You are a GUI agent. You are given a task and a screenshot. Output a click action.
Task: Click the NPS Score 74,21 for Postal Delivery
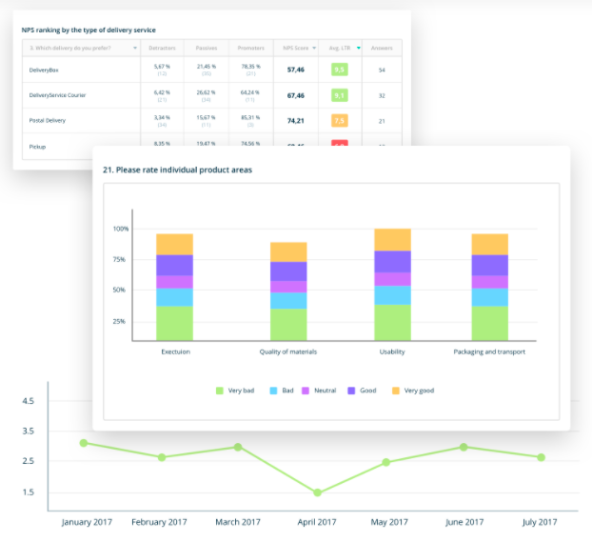(295, 121)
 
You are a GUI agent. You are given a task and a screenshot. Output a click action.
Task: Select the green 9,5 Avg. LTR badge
(339, 70)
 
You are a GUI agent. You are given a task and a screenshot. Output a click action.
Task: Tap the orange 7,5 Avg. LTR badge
(339, 121)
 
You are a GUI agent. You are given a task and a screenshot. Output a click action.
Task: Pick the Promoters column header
(250, 48)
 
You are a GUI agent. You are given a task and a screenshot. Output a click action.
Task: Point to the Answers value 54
(381, 70)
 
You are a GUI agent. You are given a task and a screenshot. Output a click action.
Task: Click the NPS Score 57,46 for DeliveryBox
(295, 70)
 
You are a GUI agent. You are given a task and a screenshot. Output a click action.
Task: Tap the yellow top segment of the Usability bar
(393, 239)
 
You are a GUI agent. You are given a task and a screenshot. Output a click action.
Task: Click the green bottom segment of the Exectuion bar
(174, 323)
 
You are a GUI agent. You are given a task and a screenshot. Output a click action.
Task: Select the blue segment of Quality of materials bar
(288, 300)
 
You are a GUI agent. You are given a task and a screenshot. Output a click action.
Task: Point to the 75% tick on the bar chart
(120, 259)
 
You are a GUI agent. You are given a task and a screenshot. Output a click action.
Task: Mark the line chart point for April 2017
(317, 492)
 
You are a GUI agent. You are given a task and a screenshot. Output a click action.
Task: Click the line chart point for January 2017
(84, 443)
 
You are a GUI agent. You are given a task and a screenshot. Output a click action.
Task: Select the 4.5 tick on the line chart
(29, 401)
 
